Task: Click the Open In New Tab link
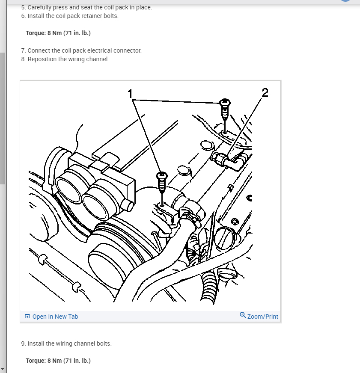tap(55, 317)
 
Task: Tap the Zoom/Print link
tap(262, 317)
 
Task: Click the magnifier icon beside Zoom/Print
tap(243, 316)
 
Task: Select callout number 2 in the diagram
tap(265, 92)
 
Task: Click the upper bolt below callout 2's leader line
tap(224, 110)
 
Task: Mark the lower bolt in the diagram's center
tap(162, 182)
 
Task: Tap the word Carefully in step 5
tap(41, 7)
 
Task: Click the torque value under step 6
tap(58, 33)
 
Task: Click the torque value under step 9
tap(58, 361)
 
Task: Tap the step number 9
tap(23, 343)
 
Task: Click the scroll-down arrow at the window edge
tap(3, 369)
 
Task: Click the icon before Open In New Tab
tap(27, 317)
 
